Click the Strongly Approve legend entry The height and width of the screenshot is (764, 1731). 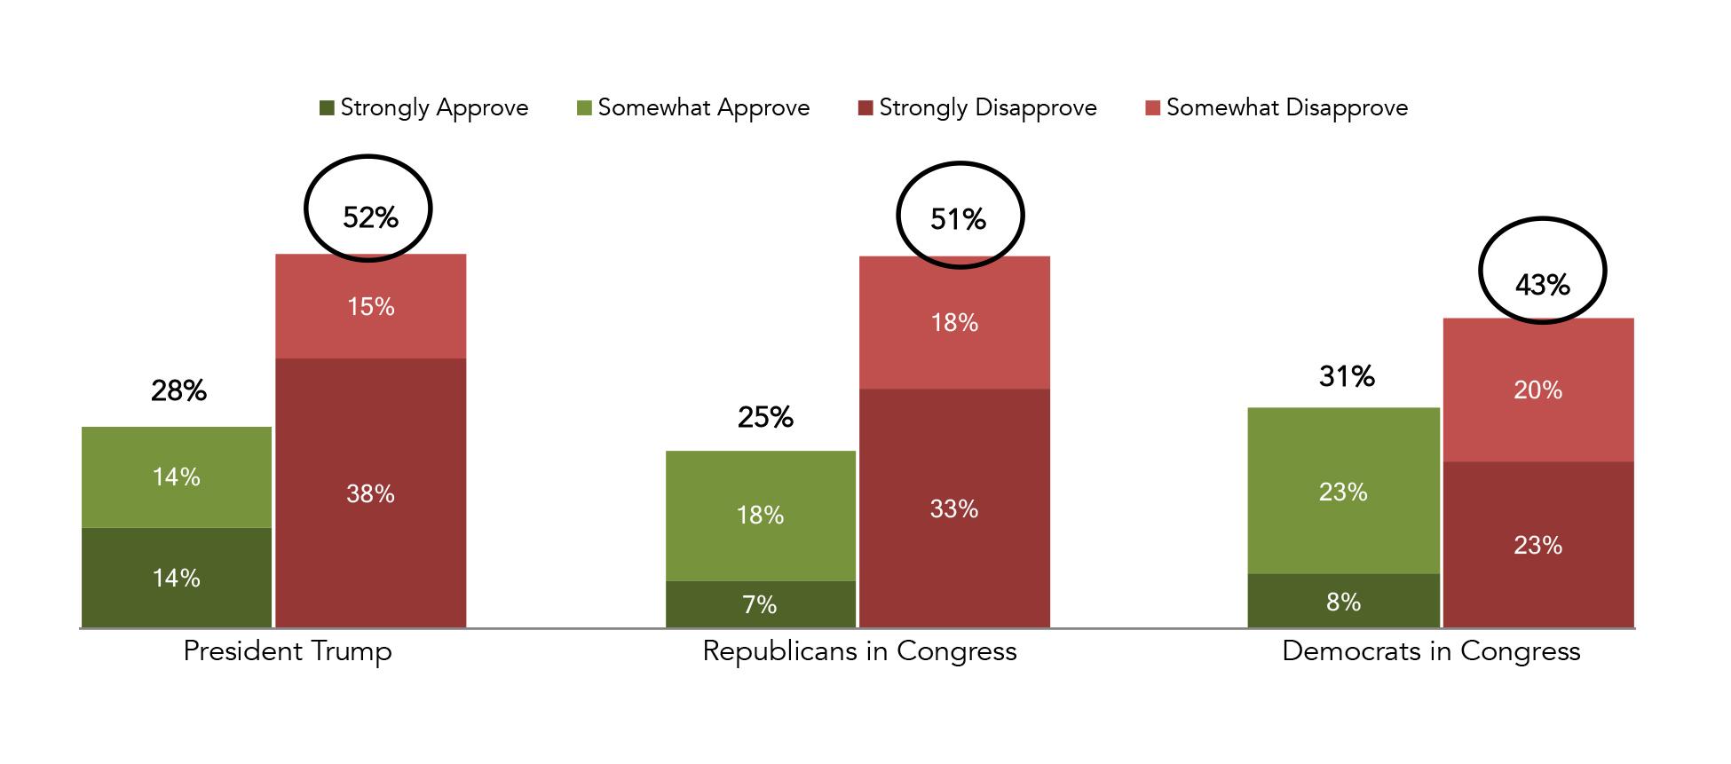424,108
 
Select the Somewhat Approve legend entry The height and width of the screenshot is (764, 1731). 693,108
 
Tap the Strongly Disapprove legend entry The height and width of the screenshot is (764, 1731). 977,108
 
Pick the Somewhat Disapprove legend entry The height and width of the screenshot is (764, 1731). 1277,108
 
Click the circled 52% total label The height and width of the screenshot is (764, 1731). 369,217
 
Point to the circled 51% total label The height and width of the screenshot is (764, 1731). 958,218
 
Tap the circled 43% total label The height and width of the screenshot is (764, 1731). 1542,285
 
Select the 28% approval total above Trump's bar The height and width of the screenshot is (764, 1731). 178,390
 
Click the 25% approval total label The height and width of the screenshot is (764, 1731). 765,417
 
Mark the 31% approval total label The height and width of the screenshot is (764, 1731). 1347,376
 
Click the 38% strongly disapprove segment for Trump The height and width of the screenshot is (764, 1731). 370,493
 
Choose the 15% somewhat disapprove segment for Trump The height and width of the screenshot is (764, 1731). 370,307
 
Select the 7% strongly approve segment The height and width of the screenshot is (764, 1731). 760,605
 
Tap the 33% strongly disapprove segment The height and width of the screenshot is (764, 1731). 954,508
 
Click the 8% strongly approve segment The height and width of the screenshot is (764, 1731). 1343,602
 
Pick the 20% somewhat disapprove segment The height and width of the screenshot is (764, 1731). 1537,390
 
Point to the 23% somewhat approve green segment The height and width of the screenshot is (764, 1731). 1343,492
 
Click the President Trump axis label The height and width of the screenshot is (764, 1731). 287,651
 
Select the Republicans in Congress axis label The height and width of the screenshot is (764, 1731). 859,651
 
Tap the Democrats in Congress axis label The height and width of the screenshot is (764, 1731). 1431,651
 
